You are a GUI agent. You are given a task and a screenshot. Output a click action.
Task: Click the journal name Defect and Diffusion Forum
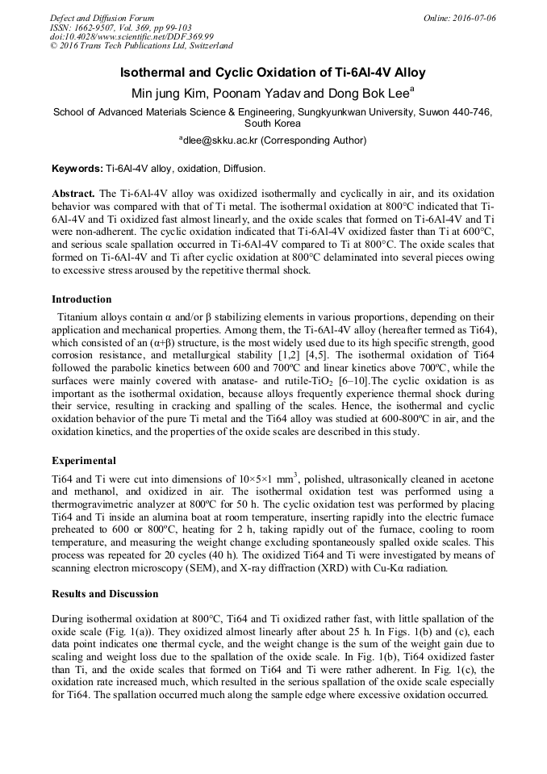tap(102, 18)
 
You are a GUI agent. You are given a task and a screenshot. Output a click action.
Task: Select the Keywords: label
tap(77, 169)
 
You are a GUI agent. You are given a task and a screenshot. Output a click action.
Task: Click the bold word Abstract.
tap(73, 195)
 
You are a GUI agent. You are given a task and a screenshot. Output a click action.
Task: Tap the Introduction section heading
tap(81, 299)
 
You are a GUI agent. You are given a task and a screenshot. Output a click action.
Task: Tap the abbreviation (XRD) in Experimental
tap(367, 567)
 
